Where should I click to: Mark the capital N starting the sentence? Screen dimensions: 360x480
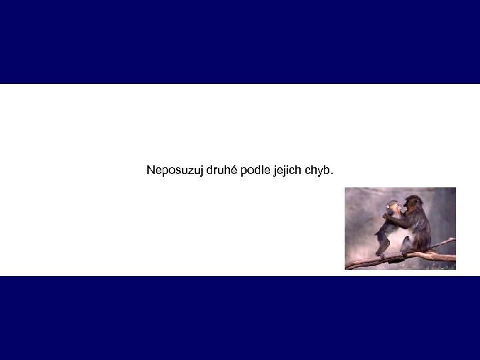tap(151, 170)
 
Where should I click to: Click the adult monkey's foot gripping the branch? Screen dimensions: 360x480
tap(407, 252)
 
